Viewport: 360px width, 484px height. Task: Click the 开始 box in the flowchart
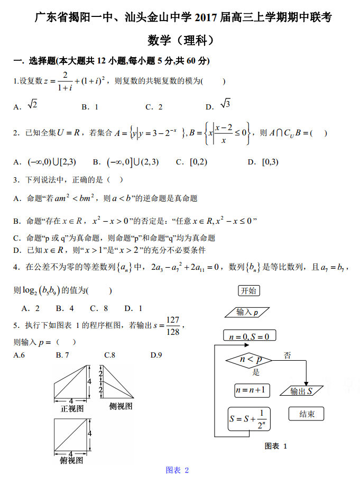pos(248,290)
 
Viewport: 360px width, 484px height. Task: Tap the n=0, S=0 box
pos(249,336)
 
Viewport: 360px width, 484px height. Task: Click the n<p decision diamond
pos(248,360)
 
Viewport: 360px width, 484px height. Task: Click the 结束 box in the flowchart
pos(307,414)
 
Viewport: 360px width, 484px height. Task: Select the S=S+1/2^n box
pos(250,418)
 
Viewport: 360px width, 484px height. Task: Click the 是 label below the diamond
pos(256,372)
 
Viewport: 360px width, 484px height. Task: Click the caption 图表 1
pos(275,446)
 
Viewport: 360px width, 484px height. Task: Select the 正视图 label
pos(72,408)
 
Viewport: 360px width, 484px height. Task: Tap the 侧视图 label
pos(121,406)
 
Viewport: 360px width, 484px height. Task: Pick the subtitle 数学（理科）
pos(180,40)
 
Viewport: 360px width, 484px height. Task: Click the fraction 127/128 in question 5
pos(172,326)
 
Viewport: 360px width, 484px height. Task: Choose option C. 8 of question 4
pos(99,308)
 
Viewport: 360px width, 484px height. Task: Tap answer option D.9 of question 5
pos(156,355)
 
